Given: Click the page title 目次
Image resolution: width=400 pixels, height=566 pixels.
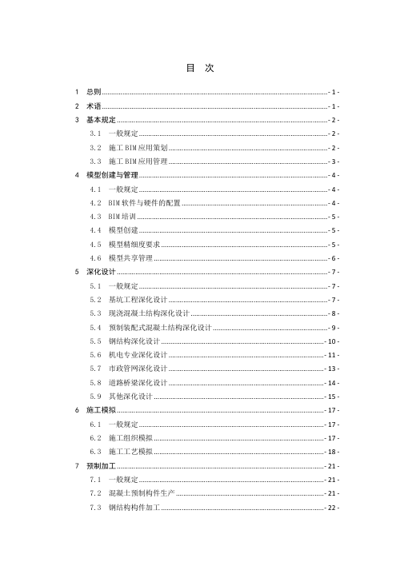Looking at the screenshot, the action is click(x=199, y=69).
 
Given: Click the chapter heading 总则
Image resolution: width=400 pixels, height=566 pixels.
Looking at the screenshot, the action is click(x=92, y=93).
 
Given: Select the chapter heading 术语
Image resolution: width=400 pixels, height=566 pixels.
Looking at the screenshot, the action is click(x=92, y=106).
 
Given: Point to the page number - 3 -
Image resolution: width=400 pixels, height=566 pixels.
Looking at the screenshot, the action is click(x=335, y=161).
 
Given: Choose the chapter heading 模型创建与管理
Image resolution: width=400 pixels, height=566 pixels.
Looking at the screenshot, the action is click(x=113, y=175).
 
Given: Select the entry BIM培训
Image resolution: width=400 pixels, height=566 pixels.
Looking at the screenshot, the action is click(x=122, y=217).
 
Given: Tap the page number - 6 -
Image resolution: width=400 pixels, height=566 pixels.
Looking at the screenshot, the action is click(x=335, y=258).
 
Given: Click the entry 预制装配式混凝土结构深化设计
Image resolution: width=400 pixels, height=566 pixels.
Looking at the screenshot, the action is click(x=160, y=328).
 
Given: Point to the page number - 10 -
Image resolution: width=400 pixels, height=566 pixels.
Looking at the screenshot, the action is click(x=334, y=341).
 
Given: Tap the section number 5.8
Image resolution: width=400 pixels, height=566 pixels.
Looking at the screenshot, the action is click(x=96, y=383).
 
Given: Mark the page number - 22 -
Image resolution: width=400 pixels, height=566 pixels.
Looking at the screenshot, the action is click(x=334, y=508).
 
